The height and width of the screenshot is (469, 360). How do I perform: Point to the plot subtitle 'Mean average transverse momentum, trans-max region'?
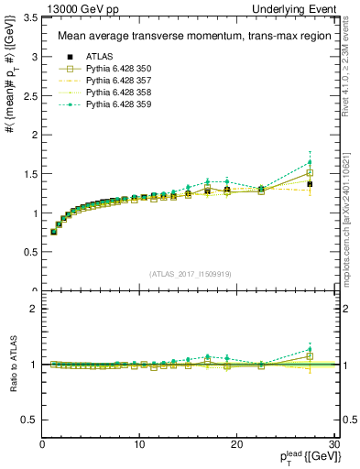188,37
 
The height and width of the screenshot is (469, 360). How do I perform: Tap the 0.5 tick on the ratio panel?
28,420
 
